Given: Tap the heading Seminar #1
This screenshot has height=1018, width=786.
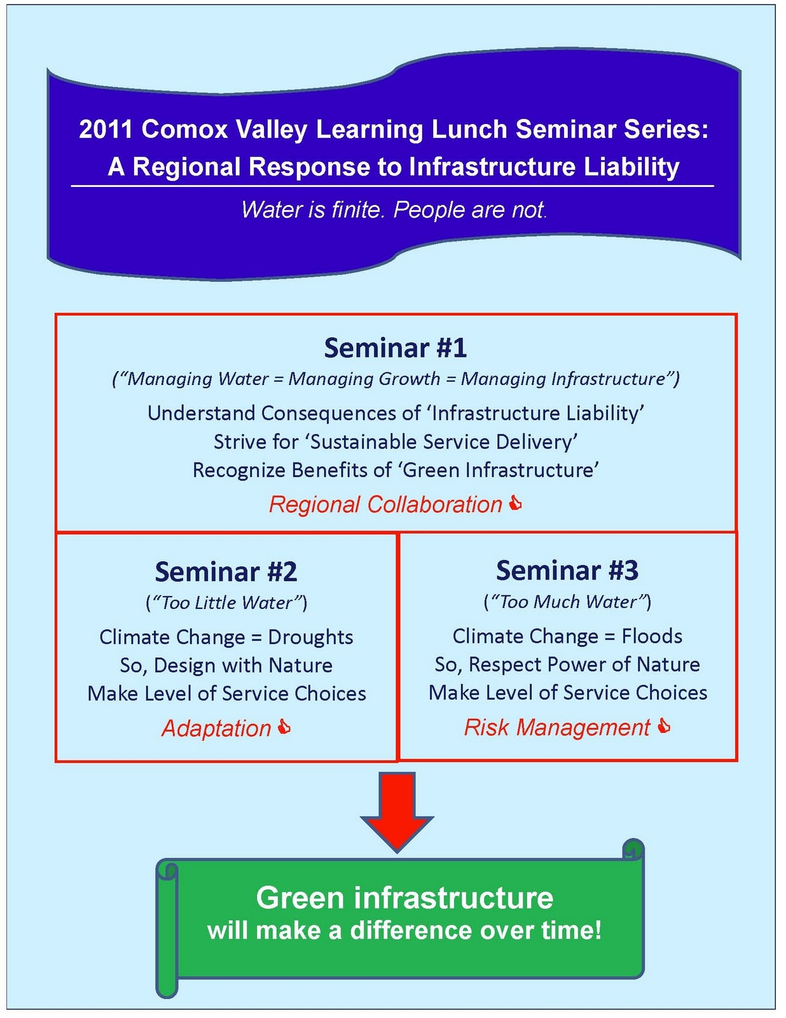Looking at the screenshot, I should pos(395,348).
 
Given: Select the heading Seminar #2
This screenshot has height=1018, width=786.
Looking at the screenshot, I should pos(226,571).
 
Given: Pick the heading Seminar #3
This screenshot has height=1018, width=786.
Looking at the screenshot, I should pos(567,570).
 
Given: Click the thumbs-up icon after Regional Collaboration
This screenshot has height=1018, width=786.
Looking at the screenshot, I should pos(516,504).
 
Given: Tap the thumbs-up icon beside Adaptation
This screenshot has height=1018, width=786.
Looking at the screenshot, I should pos(285,727).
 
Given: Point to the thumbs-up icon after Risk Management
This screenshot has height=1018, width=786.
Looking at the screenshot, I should pos(664,726).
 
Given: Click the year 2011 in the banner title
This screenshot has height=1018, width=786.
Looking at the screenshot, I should pos(106,129).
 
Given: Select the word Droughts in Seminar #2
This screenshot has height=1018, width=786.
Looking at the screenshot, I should pos(310,637).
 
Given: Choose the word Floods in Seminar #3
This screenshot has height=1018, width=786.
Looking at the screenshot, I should pos(652,636).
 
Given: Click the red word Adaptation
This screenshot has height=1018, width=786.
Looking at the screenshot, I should pos(216,729).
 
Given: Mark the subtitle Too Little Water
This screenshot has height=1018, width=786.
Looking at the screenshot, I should pos(226,603).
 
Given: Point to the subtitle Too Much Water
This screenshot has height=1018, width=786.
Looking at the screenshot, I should pos(567,601).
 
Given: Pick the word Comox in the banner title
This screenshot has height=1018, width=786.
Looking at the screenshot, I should pos(185,129).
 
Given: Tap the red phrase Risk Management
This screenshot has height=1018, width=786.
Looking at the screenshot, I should pos(556,727).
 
